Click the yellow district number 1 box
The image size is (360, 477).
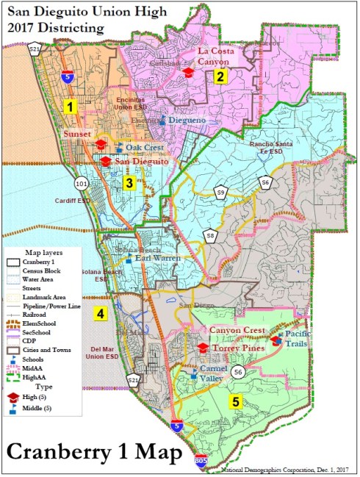(70, 107)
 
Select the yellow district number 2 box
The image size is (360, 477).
(220, 75)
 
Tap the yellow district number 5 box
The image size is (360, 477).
(234, 401)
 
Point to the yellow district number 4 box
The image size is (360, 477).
(100, 314)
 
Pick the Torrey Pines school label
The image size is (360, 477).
(237, 347)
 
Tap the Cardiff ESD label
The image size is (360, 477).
(70, 199)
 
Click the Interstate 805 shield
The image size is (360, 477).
(201, 461)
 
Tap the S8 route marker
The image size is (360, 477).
(210, 236)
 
